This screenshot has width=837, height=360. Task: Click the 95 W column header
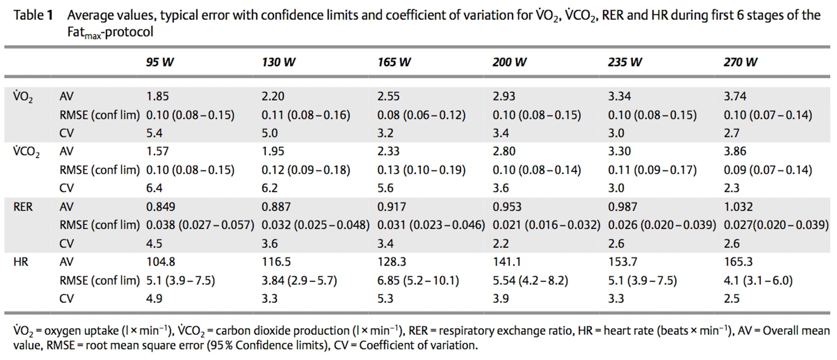pos(159,62)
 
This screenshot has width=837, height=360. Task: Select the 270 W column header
pos(740,62)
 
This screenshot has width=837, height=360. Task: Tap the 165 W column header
pos(394,62)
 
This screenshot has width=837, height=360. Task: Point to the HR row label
pos(21,262)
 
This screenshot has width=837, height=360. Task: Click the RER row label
pos(23,207)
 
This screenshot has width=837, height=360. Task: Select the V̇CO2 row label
pos(26,152)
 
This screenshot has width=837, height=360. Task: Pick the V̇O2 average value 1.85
pos(157,96)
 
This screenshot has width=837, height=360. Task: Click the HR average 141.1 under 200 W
pos(507,262)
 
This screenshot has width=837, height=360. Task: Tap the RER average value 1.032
pos(738,207)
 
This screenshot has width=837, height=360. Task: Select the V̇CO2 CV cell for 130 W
pos(270,188)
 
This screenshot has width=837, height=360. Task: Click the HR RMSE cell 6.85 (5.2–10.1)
pos(418,280)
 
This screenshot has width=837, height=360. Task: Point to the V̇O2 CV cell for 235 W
pos(616,133)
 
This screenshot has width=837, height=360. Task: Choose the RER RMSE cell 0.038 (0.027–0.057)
pos(200,225)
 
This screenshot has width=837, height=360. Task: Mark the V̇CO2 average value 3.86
pos(735,152)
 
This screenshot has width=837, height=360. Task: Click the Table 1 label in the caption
pos(33,15)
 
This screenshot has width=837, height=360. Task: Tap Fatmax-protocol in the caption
pos(110,33)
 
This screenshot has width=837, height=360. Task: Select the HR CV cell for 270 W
pos(732,299)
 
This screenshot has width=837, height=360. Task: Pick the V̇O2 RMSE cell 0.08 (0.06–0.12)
pos(421,115)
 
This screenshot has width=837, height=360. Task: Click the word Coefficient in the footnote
pos(385,345)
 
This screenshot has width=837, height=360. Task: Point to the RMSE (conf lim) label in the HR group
pos(100,280)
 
